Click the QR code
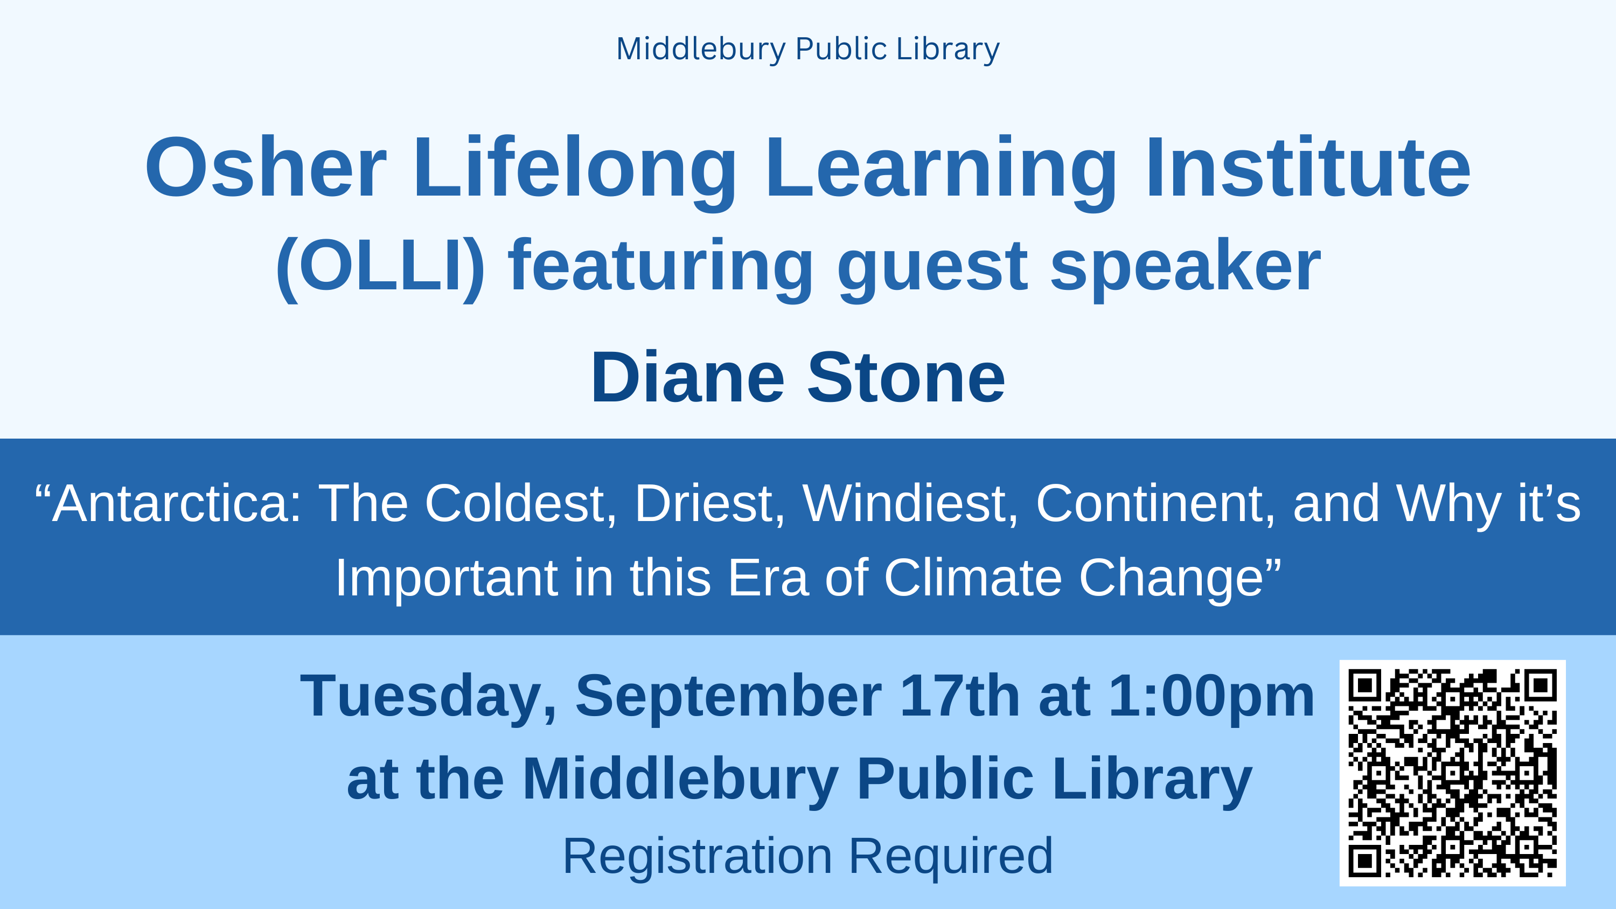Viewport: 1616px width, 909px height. [x=1452, y=773]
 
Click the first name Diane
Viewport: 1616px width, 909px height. [x=687, y=378]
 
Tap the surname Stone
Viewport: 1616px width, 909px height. [x=907, y=378]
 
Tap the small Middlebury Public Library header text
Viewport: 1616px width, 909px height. [x=808, y=50]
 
